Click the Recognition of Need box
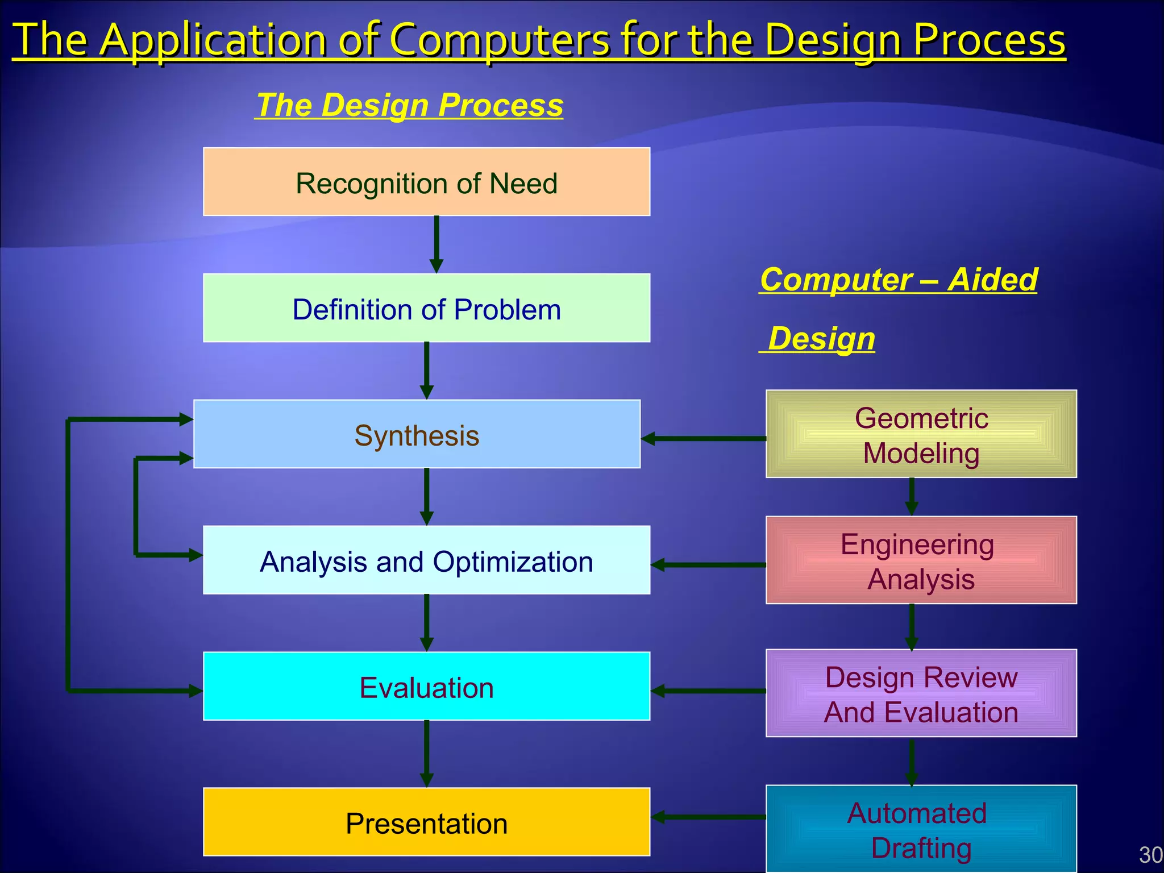point(426,182)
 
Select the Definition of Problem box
point(426,308)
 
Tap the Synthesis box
point(417,434)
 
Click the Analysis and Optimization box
point(426,560)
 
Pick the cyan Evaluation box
point(426,687)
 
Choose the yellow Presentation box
point(426,822)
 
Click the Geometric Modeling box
point(921,434)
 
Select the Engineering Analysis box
point(921,560)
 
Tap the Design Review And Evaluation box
point(921,693)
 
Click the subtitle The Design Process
point(409,106)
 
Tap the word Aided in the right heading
point(993,280)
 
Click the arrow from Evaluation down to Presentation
point(427,753)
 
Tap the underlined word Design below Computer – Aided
point(821,339)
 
